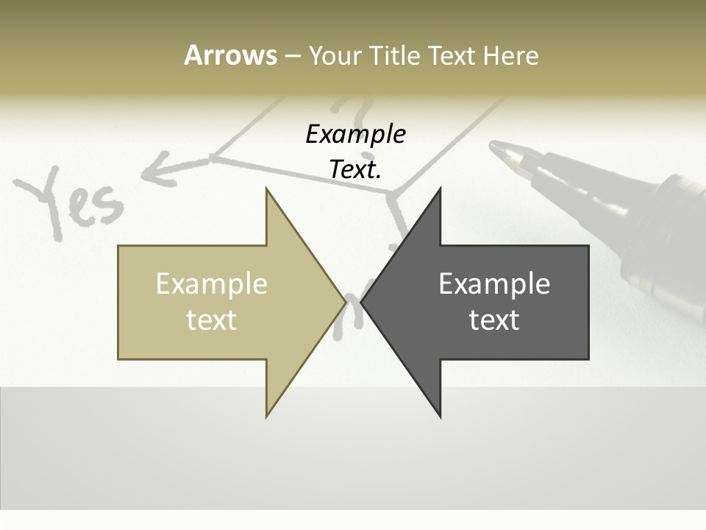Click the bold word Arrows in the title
pos(230,55)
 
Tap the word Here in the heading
pos(510,55)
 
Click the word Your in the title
pos(335,55)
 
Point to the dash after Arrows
pos(292,56)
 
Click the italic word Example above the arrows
pos(355,134)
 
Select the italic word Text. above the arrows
pos(355,169)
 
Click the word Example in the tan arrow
pos(211,283)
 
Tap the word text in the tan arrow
pos(211,319)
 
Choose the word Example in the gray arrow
pos(494,283)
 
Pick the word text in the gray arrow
pos(494,319)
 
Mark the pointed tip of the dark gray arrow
pos(362,302)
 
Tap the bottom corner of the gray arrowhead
pos(440,417)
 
